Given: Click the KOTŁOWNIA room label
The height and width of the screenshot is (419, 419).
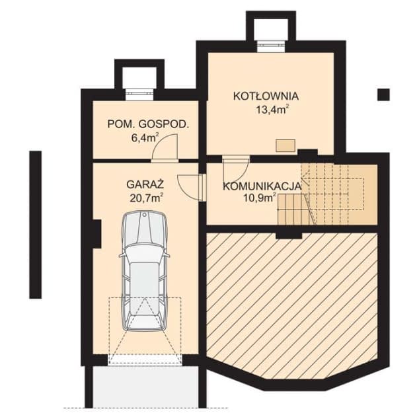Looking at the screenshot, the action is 266,96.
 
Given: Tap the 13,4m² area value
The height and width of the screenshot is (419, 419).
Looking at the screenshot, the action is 272,110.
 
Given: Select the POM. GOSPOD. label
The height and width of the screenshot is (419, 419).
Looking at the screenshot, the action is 148,124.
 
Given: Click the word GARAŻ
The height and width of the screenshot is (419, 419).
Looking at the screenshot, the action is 145,184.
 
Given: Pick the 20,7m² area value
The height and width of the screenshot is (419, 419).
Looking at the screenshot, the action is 147,198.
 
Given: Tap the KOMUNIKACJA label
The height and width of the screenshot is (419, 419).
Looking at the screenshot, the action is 262,186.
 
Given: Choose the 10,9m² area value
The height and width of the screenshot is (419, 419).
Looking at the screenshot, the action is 260,198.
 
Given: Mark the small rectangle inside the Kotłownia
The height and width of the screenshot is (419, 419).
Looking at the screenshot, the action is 286,145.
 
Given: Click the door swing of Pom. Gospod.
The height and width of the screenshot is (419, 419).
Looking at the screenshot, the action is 165,147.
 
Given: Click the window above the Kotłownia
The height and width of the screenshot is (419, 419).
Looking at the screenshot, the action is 271,46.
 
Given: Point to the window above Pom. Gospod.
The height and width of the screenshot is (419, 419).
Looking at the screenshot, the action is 139,95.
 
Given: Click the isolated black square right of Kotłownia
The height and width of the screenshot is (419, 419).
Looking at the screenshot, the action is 383,95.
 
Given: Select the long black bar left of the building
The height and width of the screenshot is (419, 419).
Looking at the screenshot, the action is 35,225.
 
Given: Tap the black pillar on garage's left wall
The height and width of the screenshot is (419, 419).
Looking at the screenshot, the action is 96,234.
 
